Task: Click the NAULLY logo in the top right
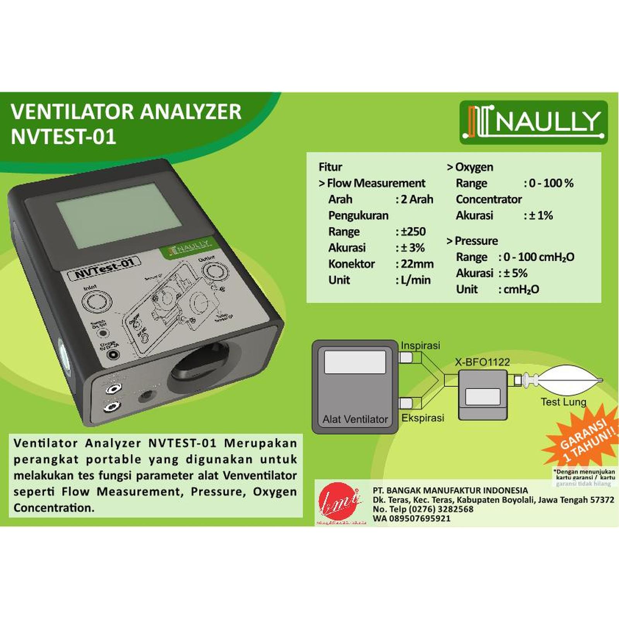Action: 534,122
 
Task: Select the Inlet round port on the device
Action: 96,301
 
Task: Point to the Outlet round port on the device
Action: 214,271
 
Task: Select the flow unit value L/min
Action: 415,280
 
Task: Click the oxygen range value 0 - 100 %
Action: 551,183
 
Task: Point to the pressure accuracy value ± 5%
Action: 515,273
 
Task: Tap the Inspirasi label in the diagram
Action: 421,345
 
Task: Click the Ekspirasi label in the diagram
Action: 422,418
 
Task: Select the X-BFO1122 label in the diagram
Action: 482,362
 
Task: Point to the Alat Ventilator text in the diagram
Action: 355,419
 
